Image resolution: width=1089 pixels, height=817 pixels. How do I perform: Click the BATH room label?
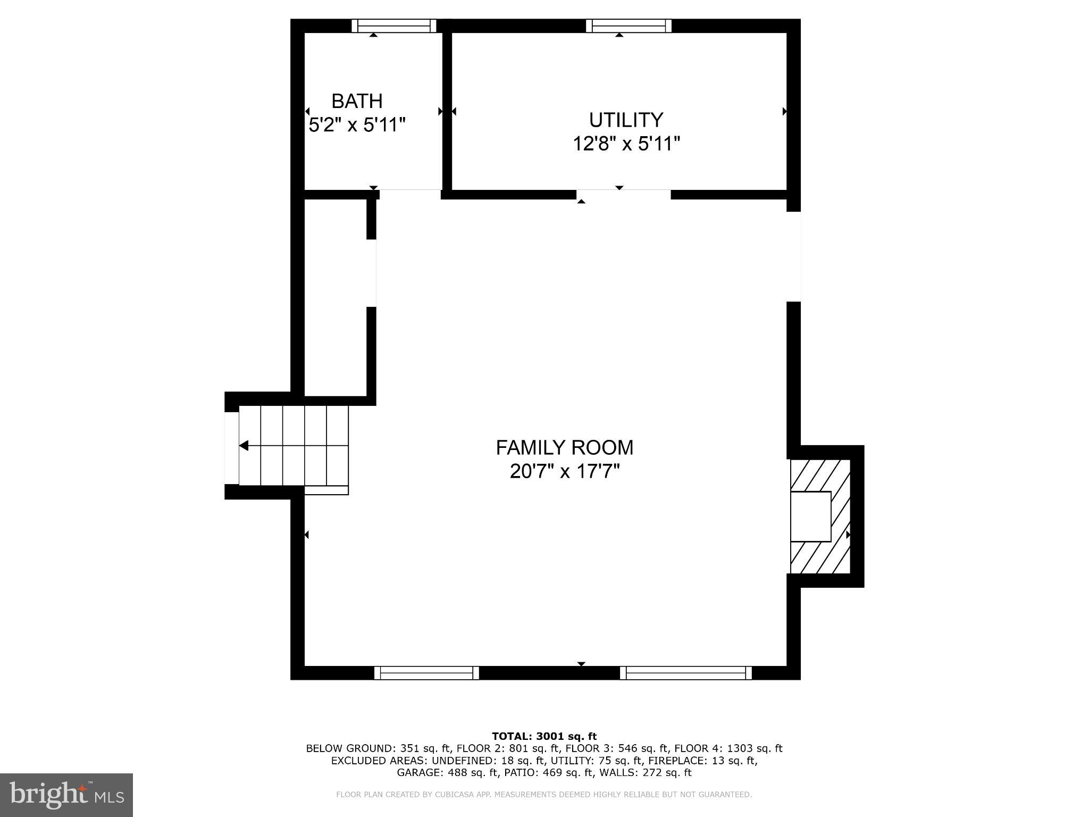pos(357,101)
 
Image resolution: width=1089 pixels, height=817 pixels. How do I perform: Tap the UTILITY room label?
pos(626,120)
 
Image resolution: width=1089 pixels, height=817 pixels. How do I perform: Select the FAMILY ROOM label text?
pos(565,448)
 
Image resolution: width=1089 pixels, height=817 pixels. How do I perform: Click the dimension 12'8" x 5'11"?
pos(626,144)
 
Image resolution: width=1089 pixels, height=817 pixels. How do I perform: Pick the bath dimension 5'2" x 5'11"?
pos(357,126)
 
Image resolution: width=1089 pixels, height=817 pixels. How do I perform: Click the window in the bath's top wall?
pos(394,26)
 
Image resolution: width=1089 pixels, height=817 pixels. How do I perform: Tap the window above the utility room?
pos(629,26)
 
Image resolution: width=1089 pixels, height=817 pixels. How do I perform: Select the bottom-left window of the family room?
pos(426,673)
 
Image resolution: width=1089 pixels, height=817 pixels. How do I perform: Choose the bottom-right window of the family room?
pos(686,673)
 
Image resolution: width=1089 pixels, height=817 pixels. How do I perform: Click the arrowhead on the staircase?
pos(244,446)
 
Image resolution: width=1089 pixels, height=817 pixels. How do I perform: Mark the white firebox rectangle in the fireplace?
pos(810,516)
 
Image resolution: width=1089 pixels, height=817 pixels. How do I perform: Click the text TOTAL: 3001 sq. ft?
pos(544,737)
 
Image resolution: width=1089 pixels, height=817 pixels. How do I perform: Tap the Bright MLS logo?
pos(66,795)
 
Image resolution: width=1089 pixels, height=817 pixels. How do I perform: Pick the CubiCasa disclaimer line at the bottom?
pos(544,795)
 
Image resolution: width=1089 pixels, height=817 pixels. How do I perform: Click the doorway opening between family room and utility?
pos(624,195)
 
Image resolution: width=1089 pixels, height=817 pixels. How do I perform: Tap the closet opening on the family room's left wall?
pos(372,273)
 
